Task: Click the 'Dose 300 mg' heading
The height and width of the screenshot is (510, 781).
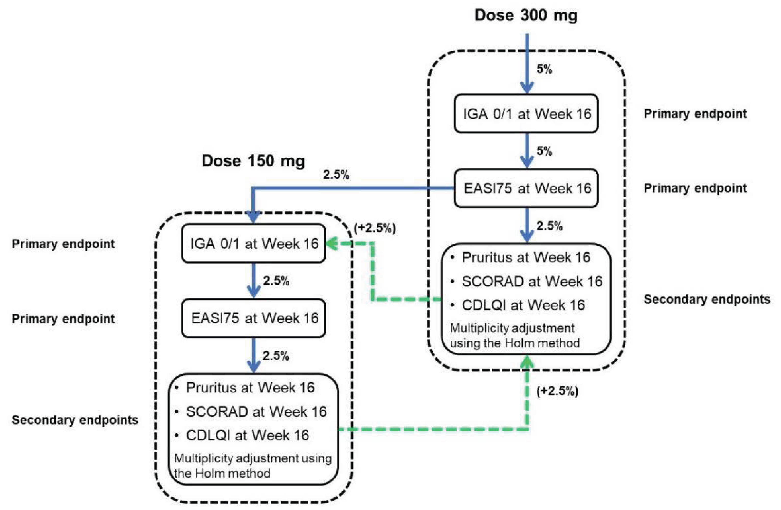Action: coord(526,15)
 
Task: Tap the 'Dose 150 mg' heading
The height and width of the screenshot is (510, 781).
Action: coord(253,161)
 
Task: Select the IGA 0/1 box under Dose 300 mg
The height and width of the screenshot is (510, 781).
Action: coord(526,114)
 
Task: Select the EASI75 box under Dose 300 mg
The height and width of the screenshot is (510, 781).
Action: coord(526,188)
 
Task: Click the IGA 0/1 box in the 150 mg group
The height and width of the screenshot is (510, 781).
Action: coord(253,243)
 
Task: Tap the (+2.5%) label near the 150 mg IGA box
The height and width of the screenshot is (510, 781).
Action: coord(375,228)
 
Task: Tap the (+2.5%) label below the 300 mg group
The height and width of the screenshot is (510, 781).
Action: coord(557,391)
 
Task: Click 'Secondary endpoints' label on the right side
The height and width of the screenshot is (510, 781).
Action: coord(707,299)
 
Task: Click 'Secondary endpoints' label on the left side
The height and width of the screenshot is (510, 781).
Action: coord(75,420)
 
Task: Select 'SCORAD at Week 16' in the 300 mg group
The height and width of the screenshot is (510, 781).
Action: coord(532,281)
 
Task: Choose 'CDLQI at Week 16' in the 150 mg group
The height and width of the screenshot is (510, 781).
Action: coord(247,435)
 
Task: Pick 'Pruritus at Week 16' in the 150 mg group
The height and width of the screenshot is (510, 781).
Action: coord(250,388)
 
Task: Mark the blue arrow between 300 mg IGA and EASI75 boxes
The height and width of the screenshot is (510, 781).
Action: coord(527,151)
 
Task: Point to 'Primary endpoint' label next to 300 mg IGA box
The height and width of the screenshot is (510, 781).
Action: coord(695,114)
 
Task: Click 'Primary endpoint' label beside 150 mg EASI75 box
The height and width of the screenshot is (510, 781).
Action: coord(63,319)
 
